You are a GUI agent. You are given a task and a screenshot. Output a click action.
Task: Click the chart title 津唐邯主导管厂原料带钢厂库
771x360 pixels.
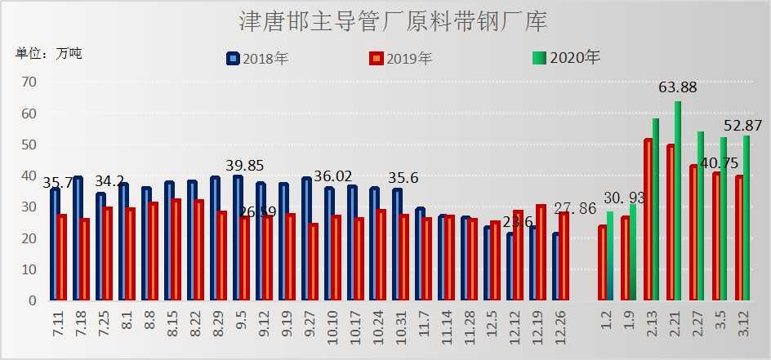point(393,21)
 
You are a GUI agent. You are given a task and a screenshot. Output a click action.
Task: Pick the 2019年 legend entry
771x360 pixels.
point(401,58)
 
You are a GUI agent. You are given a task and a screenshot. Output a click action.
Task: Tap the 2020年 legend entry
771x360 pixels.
point(566,57)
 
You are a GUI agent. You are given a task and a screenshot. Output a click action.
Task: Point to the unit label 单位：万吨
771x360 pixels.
point(49,54)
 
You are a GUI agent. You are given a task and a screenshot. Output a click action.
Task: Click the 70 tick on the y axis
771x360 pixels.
point(29,82)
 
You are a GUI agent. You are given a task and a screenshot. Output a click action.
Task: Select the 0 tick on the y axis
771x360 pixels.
point(33,300)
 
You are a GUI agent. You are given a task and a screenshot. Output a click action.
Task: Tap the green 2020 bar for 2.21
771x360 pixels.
point(678,201)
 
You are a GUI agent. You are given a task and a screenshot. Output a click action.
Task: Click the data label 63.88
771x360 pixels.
point(677,87)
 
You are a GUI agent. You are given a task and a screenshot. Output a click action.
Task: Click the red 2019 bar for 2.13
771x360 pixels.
point(648,220)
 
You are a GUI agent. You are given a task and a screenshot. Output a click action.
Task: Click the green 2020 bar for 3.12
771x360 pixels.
point(746,218)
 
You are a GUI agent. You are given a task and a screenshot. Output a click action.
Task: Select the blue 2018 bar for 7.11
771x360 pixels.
point(55,244)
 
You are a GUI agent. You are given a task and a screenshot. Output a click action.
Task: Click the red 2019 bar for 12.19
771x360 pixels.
point(541,252)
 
